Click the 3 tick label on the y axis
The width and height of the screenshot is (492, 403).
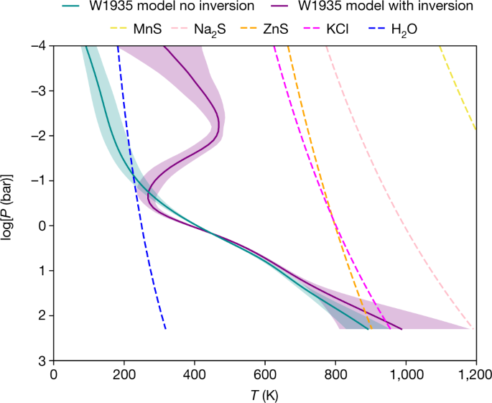[x=41, y=360]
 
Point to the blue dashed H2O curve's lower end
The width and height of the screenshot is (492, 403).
[x=165, y=327]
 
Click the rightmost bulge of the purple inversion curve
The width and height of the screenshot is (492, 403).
[x=218, y=128]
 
